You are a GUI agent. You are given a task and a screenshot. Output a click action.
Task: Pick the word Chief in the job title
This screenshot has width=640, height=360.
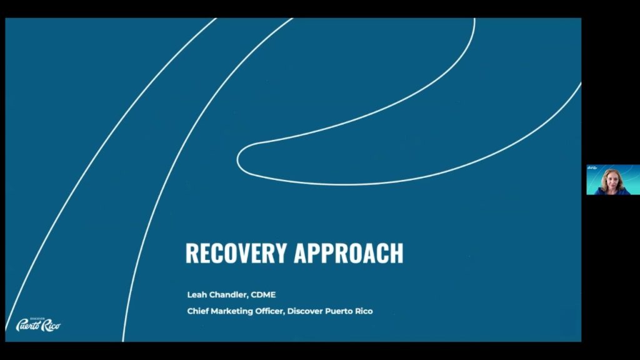coord(199,311)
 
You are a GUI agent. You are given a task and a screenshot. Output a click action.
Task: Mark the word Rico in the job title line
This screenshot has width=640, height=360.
coord(364,311)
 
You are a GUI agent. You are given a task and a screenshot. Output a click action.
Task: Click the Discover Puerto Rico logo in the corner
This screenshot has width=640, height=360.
coord(37,324)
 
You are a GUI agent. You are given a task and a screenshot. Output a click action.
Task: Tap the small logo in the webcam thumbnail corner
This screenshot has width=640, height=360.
coord(592,168)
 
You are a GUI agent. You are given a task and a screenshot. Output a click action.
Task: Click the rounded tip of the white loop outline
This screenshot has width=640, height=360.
coord(240,159)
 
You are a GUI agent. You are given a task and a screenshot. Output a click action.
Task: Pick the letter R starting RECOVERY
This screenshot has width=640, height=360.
coord(192,253)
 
